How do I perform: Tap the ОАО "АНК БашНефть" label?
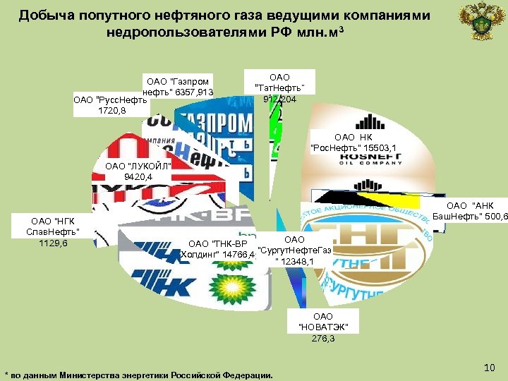point(469,210)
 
